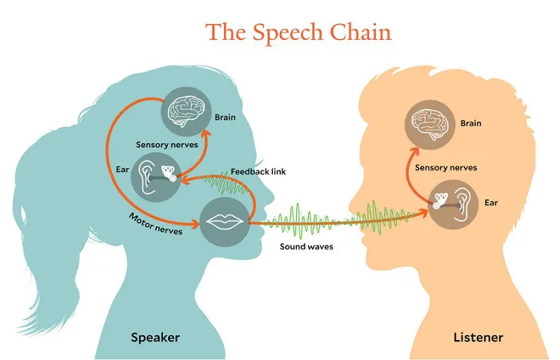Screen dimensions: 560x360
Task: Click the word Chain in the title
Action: (x=360, y=32)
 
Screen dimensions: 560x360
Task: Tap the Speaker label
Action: (x=155, y=338)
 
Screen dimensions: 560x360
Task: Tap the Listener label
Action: (x=478, y=337)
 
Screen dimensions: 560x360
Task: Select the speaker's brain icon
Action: (x=186, y=111)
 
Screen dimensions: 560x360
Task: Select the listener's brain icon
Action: (x=430, y=125)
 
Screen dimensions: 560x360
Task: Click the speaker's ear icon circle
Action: (x=156, y=177)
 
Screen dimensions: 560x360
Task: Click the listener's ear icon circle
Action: (x=454, y=205)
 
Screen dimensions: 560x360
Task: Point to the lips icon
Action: (x=225, y=222)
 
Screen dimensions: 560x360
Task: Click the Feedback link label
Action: (x=258, y=172)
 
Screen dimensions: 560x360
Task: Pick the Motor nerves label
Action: (x=156, y=224)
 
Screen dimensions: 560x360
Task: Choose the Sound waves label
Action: (x=306, y=246)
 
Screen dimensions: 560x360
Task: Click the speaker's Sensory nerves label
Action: (x=166, y=145)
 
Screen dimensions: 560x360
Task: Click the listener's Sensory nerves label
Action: (x=446, y=167)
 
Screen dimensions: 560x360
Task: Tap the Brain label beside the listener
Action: (x=470, y=123)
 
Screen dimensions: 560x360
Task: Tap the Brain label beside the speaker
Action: (x=225, y=117)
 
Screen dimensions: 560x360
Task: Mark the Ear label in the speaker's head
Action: (x=122, y=169)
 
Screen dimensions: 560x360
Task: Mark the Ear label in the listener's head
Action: (x=491, y=202)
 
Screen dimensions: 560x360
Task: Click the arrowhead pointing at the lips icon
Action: (x=194, y=224)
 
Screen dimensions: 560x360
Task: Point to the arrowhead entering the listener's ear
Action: (x=424, y=213)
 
